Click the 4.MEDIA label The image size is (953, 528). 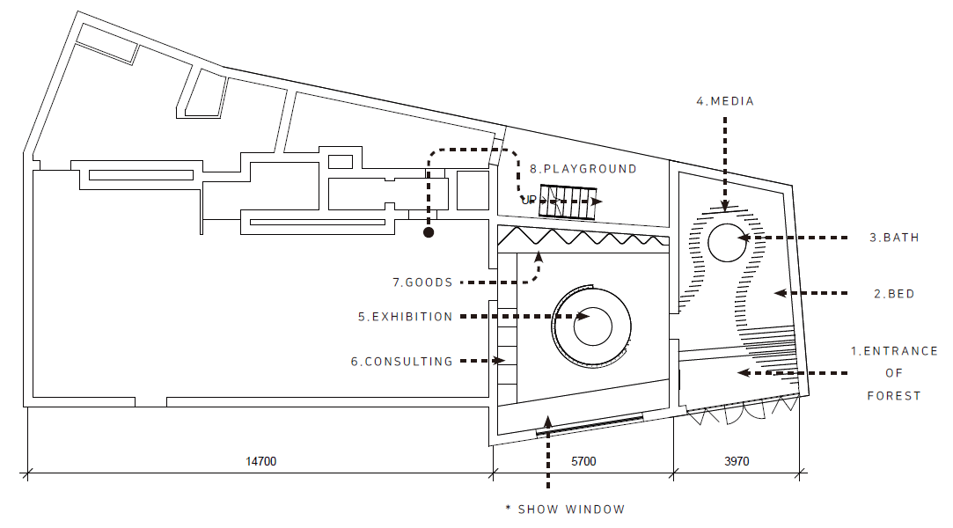click(x=725, y=101)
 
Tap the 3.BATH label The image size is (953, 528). click(x=894, y=238)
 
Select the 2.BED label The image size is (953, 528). click(x=894, y=294)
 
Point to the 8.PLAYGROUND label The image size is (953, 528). click(x=583, y=169)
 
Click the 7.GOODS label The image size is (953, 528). click(x=422, y=282)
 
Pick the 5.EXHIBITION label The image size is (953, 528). click(x=406, y=317)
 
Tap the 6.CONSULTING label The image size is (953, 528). click(x=402, y=362)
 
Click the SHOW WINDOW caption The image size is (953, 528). click(x=571, y=510)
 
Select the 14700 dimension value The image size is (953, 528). click(x=260, y=462)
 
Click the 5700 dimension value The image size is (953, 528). click(x=583, y=462)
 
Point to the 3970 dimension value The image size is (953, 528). click(x=737, y=462)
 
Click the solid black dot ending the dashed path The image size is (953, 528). click(x=429, y=232)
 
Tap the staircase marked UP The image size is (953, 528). click(x=568, y=202)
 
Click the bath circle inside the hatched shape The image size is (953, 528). click(x=727, y=224)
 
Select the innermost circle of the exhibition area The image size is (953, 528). click(x=592, y=308)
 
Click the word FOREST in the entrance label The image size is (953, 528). click(x=893, y=396)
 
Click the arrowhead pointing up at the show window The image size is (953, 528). click(x=547, y=421)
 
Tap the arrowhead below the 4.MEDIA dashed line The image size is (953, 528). click(x=725, y=207)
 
